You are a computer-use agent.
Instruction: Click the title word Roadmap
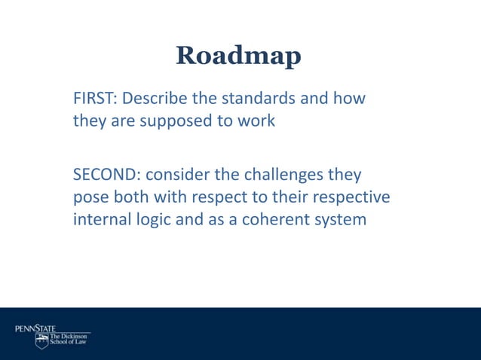point(238,56)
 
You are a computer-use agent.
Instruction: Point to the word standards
point(257,99)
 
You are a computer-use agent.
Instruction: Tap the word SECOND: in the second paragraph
point(106,175)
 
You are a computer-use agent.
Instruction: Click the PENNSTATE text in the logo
point(35,328)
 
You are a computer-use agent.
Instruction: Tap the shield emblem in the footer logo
point(41,342)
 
